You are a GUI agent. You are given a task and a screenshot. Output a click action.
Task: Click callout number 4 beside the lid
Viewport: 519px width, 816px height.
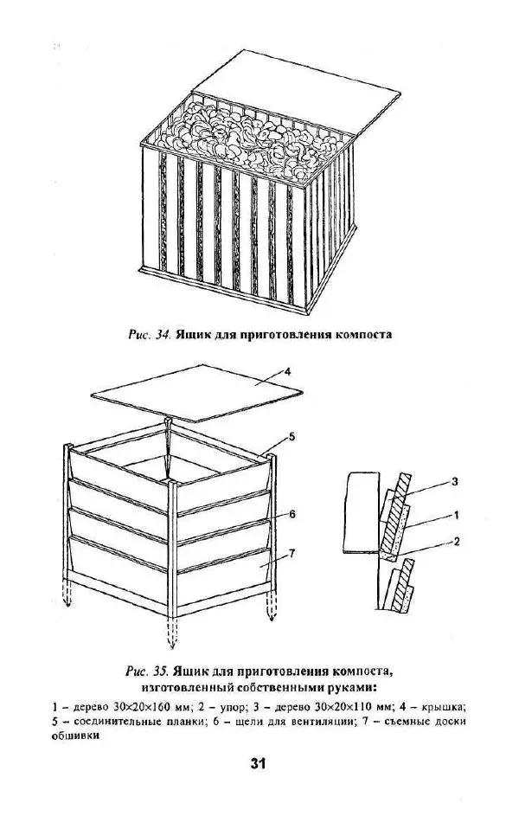(286, 371)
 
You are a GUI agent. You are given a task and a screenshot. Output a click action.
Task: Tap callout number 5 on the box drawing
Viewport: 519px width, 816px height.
(292, 437)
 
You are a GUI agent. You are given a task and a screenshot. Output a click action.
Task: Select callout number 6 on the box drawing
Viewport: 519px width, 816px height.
(292, 514)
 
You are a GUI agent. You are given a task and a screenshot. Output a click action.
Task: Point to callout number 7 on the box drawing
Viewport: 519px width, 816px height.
(292, 553)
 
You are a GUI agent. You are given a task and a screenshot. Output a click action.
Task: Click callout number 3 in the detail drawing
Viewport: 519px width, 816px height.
(454, 481)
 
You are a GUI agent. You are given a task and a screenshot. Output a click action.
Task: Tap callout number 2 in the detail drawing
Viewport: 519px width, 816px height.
(457, 542)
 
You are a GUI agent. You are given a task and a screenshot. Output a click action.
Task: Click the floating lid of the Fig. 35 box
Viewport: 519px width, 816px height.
(196, 393)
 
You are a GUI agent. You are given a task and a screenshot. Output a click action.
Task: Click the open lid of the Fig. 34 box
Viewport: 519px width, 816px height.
(297, 91)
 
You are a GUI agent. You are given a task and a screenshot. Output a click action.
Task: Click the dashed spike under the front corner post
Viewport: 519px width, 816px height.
(172, 633)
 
